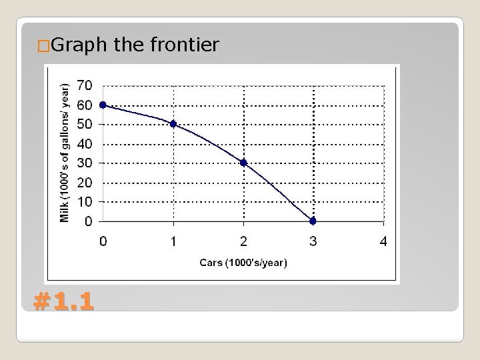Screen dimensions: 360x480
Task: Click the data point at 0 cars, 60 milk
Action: coord(103,105)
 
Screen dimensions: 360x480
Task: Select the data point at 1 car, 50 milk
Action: coord(173,124)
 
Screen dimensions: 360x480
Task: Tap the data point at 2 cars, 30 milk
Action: coord(243,163)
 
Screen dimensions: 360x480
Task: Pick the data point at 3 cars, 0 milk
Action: coord(313,221)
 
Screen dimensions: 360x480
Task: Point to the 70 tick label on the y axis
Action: coord(85,85)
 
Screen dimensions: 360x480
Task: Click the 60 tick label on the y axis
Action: coord(85,105)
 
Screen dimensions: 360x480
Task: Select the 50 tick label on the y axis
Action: coord(85,124)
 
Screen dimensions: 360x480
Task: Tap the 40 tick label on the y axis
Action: coord(85,143)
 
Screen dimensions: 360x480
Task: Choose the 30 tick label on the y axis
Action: coord(85,163)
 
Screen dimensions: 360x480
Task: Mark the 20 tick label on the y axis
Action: coord(85,182)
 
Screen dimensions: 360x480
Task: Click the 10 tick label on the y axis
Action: coord(85,201)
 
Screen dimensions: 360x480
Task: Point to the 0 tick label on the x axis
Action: coord(103,241)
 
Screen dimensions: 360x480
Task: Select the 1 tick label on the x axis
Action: coord(173,241)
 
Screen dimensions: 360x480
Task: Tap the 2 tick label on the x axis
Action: coord(243,241)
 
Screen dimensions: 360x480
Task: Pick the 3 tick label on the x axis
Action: coord(313,241)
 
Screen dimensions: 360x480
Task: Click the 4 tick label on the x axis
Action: coord(383,241)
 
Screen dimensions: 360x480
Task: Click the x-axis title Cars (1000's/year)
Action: coord(243,263)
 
